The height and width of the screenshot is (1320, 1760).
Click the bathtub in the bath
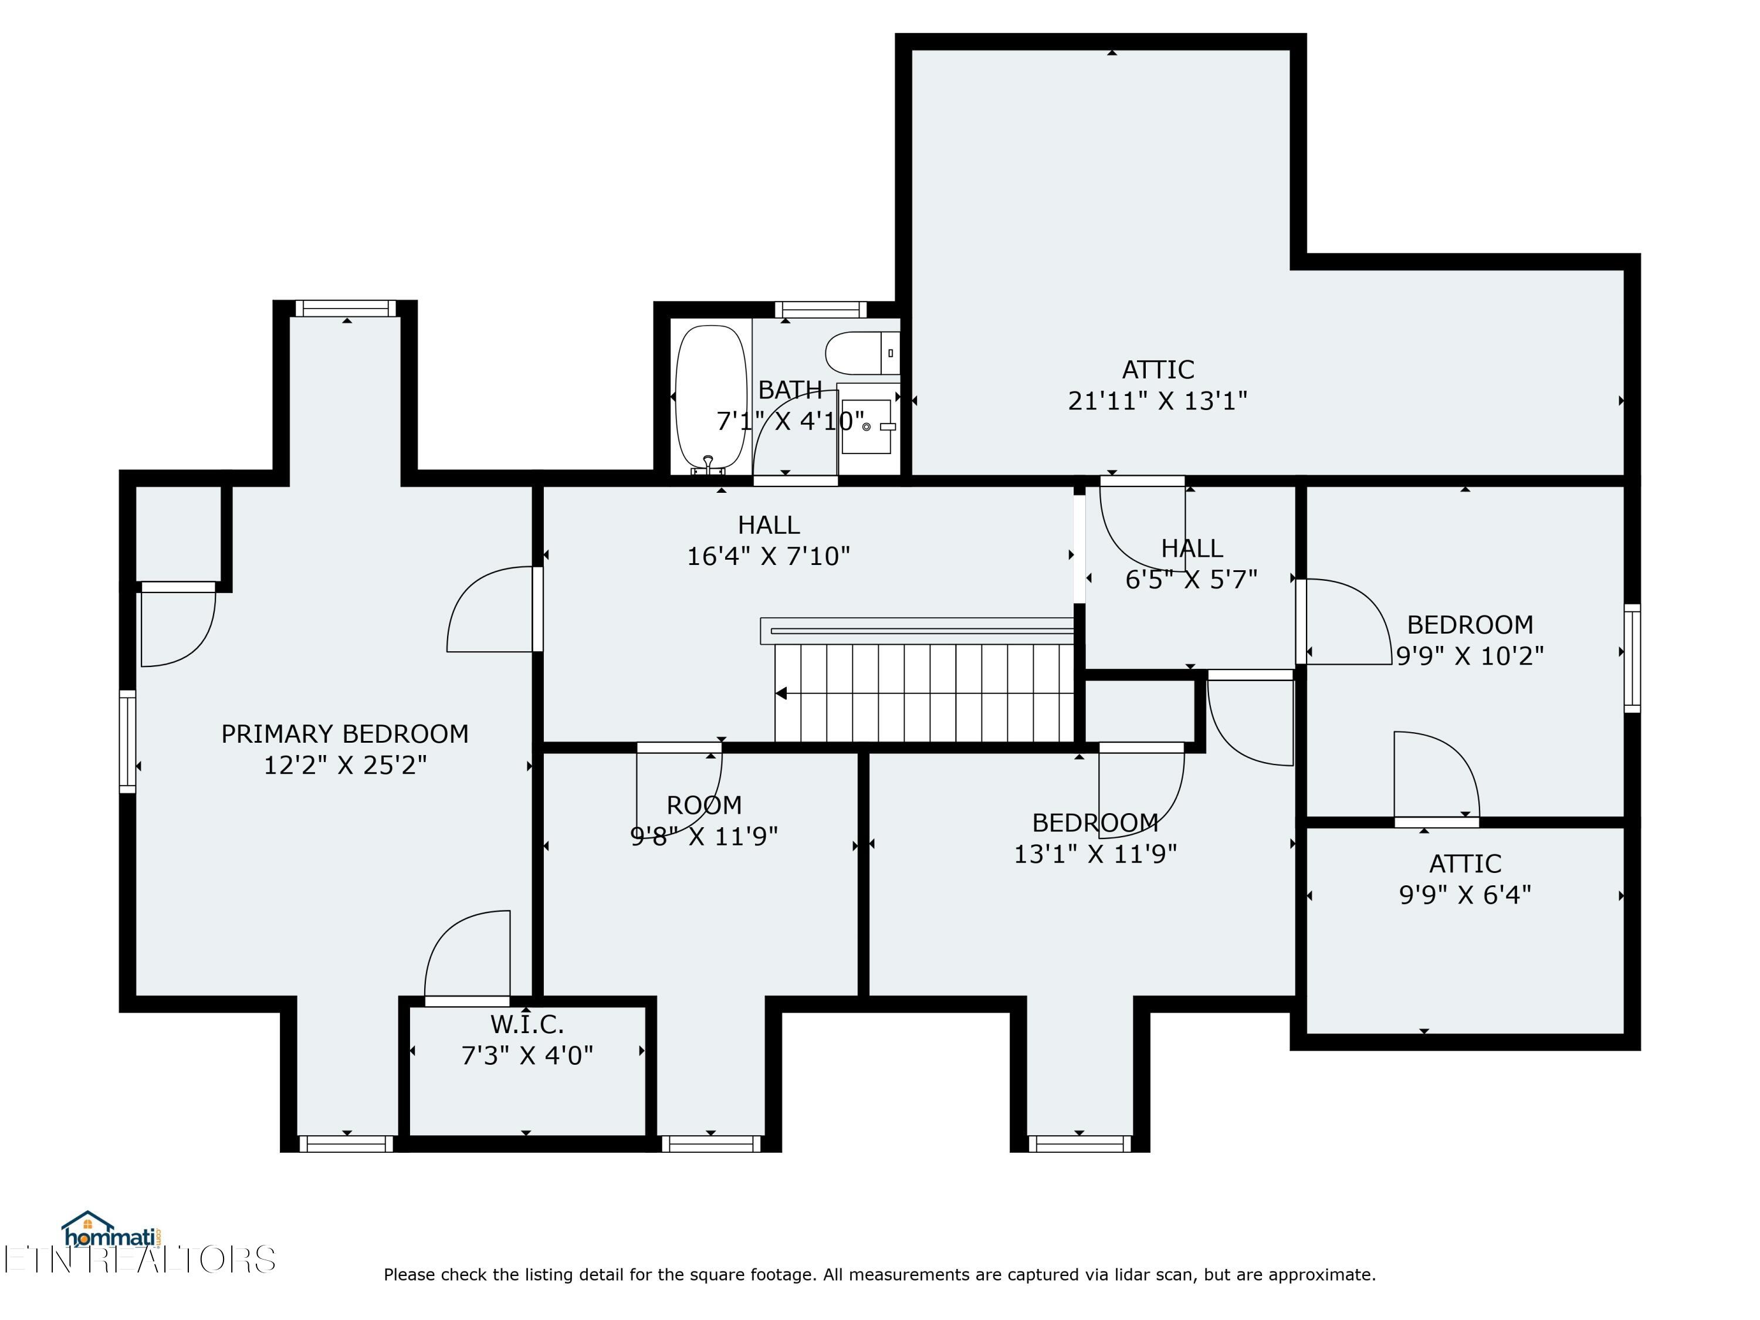click(x=710, y=398)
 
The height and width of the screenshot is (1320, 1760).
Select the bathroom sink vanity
click(x=867, y=427)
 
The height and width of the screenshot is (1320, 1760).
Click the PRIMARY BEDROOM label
click(x=344, y=733)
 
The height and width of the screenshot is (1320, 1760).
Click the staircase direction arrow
click(x=782, y=693)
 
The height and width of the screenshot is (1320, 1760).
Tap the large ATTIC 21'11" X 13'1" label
click(x=1157, y=385)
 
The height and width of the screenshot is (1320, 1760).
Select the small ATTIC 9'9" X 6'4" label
click(x=1465, y=879)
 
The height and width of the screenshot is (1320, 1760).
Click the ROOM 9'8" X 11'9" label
click(x=703, y=820)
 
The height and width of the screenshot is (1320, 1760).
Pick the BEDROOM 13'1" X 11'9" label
click(x=1095, y=838)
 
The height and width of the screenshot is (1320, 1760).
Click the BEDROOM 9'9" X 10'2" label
click(x=1470, y=639)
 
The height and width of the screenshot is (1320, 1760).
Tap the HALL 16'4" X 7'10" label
click(x=768, y=540)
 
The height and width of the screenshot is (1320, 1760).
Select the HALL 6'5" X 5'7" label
click(x=1190, y=563)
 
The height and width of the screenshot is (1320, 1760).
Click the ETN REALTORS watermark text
click(x=139, y=1260)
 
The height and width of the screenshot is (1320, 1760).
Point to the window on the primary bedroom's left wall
click(x=127, y=741)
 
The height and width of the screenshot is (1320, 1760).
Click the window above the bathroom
click(x=820, y=310)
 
